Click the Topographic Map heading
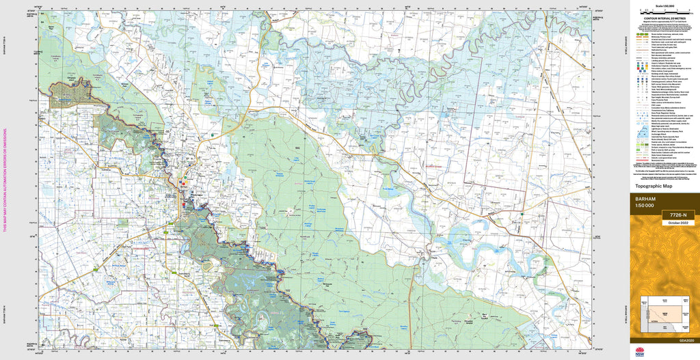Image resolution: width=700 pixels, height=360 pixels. pos(654,186)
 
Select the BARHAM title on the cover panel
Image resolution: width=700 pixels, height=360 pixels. pos(646,199)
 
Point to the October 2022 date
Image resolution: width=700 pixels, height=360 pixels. pos(677,221)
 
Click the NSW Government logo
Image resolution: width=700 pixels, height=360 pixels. pos(638,352)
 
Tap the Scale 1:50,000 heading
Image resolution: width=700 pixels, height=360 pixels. pos(664,4)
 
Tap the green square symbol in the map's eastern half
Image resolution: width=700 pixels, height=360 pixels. pos(522,214)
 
